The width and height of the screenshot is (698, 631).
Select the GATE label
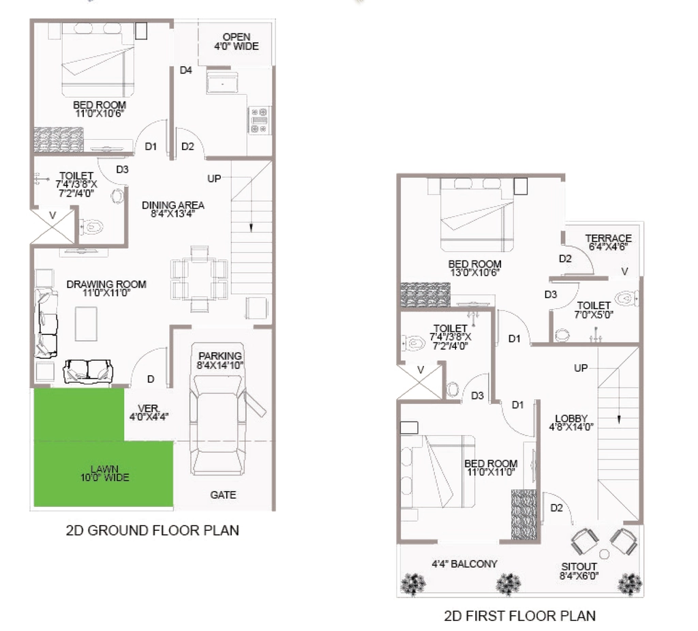point(223,495)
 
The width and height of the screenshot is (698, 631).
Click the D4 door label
point(185,70)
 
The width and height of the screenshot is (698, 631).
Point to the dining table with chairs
point(199,278)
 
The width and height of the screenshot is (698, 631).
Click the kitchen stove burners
point(259,120)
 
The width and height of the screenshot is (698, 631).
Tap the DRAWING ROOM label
point(106,284)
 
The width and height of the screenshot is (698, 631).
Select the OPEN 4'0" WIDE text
point(237,42)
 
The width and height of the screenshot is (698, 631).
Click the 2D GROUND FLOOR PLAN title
point(152,530)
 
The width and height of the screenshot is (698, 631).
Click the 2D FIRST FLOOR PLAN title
point(519,616)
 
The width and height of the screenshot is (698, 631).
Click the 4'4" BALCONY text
point(464,563)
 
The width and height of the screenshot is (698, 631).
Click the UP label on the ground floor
point(214,178)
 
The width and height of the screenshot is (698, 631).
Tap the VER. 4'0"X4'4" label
point(149,413)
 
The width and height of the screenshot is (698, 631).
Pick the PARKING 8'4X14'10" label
point(220,360)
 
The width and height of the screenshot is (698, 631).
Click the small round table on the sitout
point(604,555)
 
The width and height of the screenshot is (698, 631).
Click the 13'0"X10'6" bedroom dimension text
point(474,272)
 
